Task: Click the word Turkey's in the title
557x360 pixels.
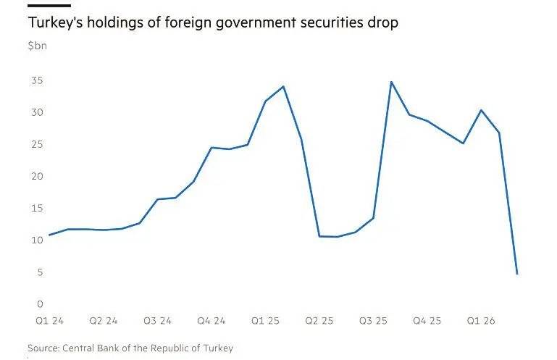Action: pyautogui.click(x=52, y=22)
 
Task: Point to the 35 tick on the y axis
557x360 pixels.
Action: pyautogui.click(x=37, y=80)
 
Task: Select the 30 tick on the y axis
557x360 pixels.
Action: pyautogui.click(x=37, y=112)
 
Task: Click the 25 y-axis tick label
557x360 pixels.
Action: pyautogui.click(x=37, y=144)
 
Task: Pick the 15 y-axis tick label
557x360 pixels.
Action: pyautogui.click(x=37, y=208)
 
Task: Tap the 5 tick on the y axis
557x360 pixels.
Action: pyautogui.click(x=40, y=272)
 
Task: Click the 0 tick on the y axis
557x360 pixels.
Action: pyautogui.click(x=40, y=304)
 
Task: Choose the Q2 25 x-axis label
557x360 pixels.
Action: pyautogui.click(x=319, y=320)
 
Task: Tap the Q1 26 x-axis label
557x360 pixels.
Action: pyautogui.click(x=481, y=320)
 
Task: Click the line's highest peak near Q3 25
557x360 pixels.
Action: pyautogui.click(x=391, y=82)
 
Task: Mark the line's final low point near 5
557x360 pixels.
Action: pyautogui.click(x=517, y=274)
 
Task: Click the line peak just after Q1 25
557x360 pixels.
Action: pyautogui.click(x=283, y=86)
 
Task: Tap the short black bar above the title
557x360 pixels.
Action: pyautogui.click(x=49, y=6)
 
